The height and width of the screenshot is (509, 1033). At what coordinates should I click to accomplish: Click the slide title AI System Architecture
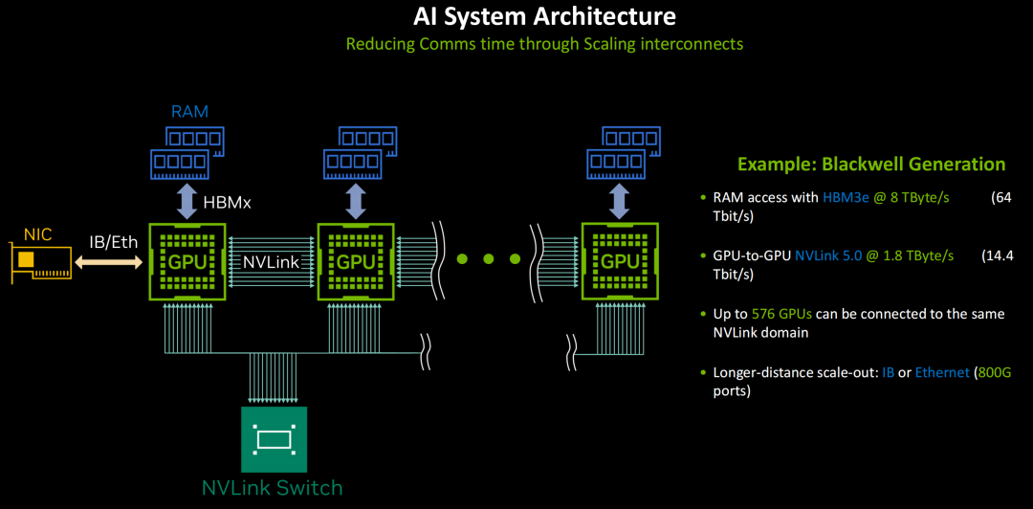[544, 16]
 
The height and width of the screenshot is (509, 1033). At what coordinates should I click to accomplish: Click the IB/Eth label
[113, 242]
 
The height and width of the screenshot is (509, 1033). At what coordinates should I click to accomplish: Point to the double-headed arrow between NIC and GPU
[109, 263]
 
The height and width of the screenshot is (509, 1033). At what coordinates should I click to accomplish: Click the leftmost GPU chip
[187, 262]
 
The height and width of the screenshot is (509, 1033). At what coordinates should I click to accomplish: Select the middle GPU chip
[356, 262]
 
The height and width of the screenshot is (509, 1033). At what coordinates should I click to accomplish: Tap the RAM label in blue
[189, 111]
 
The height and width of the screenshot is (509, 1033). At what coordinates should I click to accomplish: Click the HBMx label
[227, 203]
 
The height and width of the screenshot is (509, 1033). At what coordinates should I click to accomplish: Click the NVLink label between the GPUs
[272, 262]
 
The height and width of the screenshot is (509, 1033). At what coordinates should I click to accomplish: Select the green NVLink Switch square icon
[275, 439]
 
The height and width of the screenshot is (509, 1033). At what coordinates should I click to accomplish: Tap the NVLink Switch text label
[272, 489]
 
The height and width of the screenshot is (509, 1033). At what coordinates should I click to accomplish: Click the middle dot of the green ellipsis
[488, 259]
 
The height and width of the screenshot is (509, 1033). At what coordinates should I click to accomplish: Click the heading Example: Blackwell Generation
[871, 165]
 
